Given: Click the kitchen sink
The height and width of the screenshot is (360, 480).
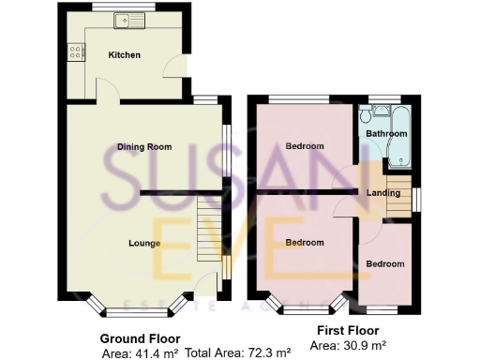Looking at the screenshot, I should tap(124, 20).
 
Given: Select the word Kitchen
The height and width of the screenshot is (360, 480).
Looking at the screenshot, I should tap(125, 55).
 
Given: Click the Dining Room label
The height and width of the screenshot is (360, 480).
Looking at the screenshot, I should tap(144, 147).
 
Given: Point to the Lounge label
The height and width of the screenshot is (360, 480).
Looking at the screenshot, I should tap(144, 244).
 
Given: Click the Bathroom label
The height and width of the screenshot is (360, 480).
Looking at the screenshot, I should tap(386, 134).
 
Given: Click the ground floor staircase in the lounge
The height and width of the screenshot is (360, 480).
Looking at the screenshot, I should tap(209, 230).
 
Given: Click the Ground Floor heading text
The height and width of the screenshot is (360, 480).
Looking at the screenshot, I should tap(140, 338).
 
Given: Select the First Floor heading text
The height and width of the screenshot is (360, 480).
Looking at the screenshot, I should tap(349, 331).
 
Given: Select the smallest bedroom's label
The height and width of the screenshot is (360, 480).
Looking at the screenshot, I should tap(385, 264).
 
